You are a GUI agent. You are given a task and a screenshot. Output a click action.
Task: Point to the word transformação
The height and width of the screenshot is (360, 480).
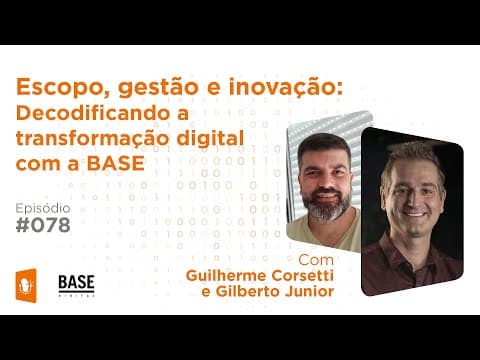[x=90, y=137]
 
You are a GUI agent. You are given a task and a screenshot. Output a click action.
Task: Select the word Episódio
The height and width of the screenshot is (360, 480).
[x=43, y=206]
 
